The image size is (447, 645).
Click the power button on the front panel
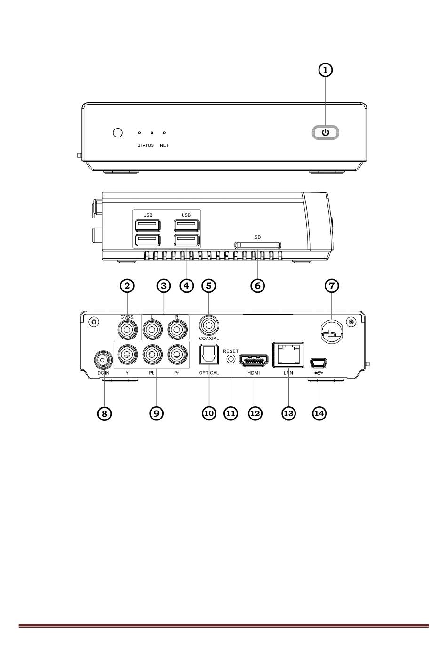(326, 132)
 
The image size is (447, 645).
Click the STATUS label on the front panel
(145, 145)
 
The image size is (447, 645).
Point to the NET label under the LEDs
(164, 145)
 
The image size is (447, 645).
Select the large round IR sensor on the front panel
(118, 133)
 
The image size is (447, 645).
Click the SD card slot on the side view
(258, 245)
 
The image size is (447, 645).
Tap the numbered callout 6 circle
(257, 285)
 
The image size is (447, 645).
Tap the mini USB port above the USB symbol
(319, 363)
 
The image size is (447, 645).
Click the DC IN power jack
(103, 360)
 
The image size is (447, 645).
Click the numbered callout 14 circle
(319, 413)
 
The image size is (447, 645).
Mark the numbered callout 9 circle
(156, 413)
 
